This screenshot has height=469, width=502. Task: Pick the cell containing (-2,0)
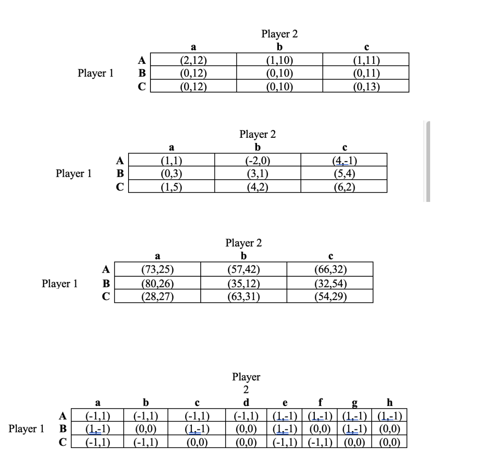pyautogui.click(x=258, y=160)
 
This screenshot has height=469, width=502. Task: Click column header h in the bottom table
pyautogui.click(x=389, y=402)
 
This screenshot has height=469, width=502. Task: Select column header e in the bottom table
pyautogui.click(x=285, y=403)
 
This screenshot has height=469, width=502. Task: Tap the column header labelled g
pyautogui.click(x=354, y=403)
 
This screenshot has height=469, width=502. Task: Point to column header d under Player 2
pyautogui.click(x=246, y=402)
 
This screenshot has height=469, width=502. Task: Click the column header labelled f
pyautogui.click(x=320, y=402)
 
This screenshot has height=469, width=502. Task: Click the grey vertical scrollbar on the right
pyautogui.click(x=428, y=162)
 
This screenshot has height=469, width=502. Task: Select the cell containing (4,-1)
pyautogui.click(x=344, y=160)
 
